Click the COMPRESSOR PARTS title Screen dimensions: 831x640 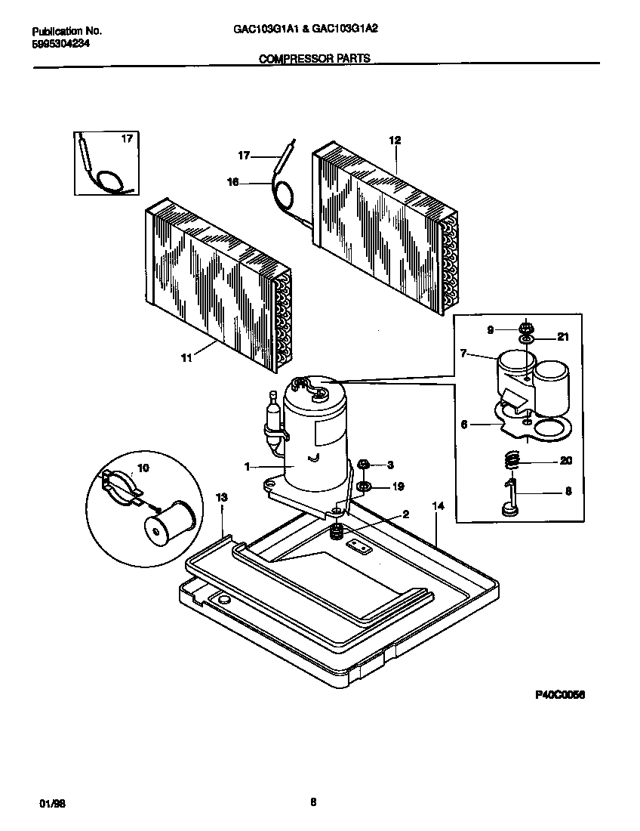click(315, 58)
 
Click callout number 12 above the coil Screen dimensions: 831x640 click(395, 140)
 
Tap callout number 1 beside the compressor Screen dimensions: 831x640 click(247, 468)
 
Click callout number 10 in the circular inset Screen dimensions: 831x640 click(143, 468)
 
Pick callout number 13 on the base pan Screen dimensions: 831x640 click(221, 498)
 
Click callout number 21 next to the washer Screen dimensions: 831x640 click(563, 338)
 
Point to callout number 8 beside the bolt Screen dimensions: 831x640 click(568, 490)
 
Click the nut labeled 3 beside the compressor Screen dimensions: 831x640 click(363, 463)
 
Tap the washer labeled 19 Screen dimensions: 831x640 click(363, 487)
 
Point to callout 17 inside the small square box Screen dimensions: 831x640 click(127, 139)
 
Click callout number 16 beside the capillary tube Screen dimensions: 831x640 click(232, 181)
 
